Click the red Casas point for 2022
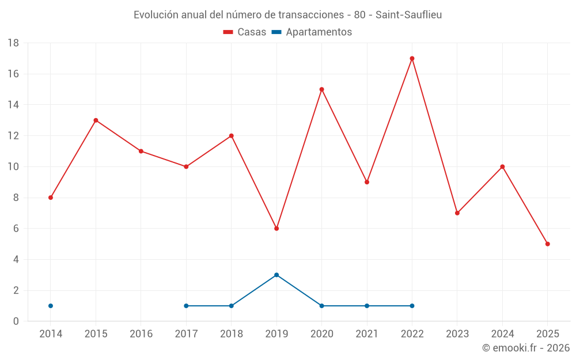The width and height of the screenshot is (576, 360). pos(412,58)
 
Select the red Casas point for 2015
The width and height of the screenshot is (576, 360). pos(96,120)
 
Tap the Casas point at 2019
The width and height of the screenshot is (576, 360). pos(276,229)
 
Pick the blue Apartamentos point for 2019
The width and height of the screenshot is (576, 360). pos(276,275)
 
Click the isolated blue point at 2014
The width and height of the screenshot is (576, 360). pos(51,306)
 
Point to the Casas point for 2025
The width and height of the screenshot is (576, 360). pos(547,244)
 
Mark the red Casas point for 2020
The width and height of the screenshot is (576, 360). pos(321,89)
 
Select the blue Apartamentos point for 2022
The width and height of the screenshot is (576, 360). pos(412,306)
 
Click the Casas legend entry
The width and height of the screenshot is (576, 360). pos(245,32)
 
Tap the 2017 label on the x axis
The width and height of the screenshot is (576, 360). pos(186,334)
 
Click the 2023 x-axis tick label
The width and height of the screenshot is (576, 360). pos(457,334)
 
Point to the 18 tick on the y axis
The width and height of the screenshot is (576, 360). pos(13,43)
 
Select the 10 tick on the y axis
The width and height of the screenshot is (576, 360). pos(13,166)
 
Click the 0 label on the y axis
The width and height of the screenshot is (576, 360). pos(16,321)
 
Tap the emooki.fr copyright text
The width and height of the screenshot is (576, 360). pos(526,348)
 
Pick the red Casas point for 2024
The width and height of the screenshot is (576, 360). pos(502,166)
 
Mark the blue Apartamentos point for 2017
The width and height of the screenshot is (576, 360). pos(186,306)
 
